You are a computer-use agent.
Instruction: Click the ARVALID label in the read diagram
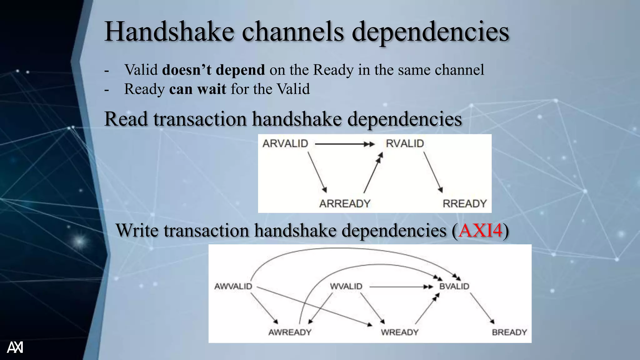point(285,143)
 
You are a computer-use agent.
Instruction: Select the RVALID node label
point(405,143)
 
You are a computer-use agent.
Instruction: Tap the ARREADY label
point(344,204)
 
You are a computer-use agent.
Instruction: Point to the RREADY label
point(464,204)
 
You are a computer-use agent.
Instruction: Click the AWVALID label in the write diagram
point(233,286)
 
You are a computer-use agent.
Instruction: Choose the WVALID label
point(346,286)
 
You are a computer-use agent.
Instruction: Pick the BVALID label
point(454,286)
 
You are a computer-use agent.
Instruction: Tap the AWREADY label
point(290,332)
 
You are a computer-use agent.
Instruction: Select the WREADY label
point(399,332)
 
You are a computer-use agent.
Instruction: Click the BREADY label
point(509,332)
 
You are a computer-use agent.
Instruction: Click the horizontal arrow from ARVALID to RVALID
point(344,144)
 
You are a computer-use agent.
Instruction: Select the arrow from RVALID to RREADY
point(433,172)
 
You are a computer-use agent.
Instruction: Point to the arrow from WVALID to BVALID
point(400,287)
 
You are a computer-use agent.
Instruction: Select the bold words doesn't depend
point(213,69)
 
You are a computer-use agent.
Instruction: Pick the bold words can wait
point(197,89)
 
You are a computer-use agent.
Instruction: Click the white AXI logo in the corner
point(15,347)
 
